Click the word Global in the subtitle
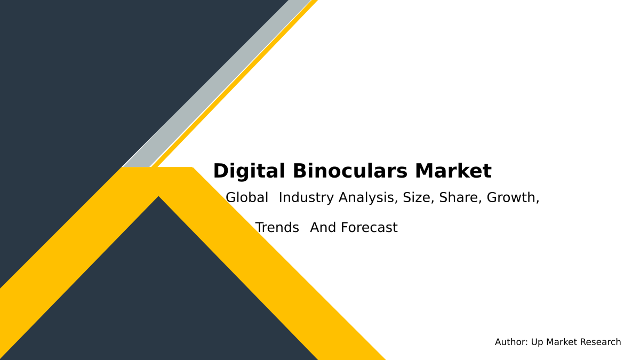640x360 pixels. tap(247, 198)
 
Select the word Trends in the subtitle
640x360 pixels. tap(277, 228)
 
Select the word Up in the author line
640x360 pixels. tap(537, 342)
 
